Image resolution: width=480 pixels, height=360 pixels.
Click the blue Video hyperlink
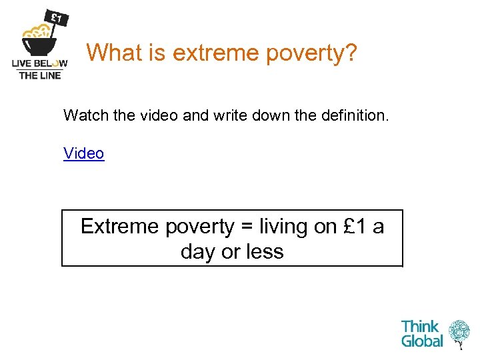(x=83, y=153)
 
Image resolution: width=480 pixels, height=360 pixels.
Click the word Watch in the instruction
(x=85, y=115)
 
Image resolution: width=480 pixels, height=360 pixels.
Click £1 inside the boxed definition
(x=355, y=227)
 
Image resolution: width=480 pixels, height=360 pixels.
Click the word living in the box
(x=283, y=227)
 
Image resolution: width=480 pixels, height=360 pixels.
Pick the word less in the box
(x=265, y=252)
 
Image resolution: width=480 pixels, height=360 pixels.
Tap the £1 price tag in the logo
(x=56, y=18)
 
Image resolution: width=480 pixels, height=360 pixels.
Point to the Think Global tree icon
(x=459, y=333)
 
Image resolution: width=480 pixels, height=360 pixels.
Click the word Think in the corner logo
(x=420, y=327)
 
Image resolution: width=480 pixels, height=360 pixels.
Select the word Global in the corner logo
(x=421, y=341)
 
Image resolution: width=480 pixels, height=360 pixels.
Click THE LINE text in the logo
(x=40, y=75)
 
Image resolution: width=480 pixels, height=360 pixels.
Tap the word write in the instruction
(x=226, y=115)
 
